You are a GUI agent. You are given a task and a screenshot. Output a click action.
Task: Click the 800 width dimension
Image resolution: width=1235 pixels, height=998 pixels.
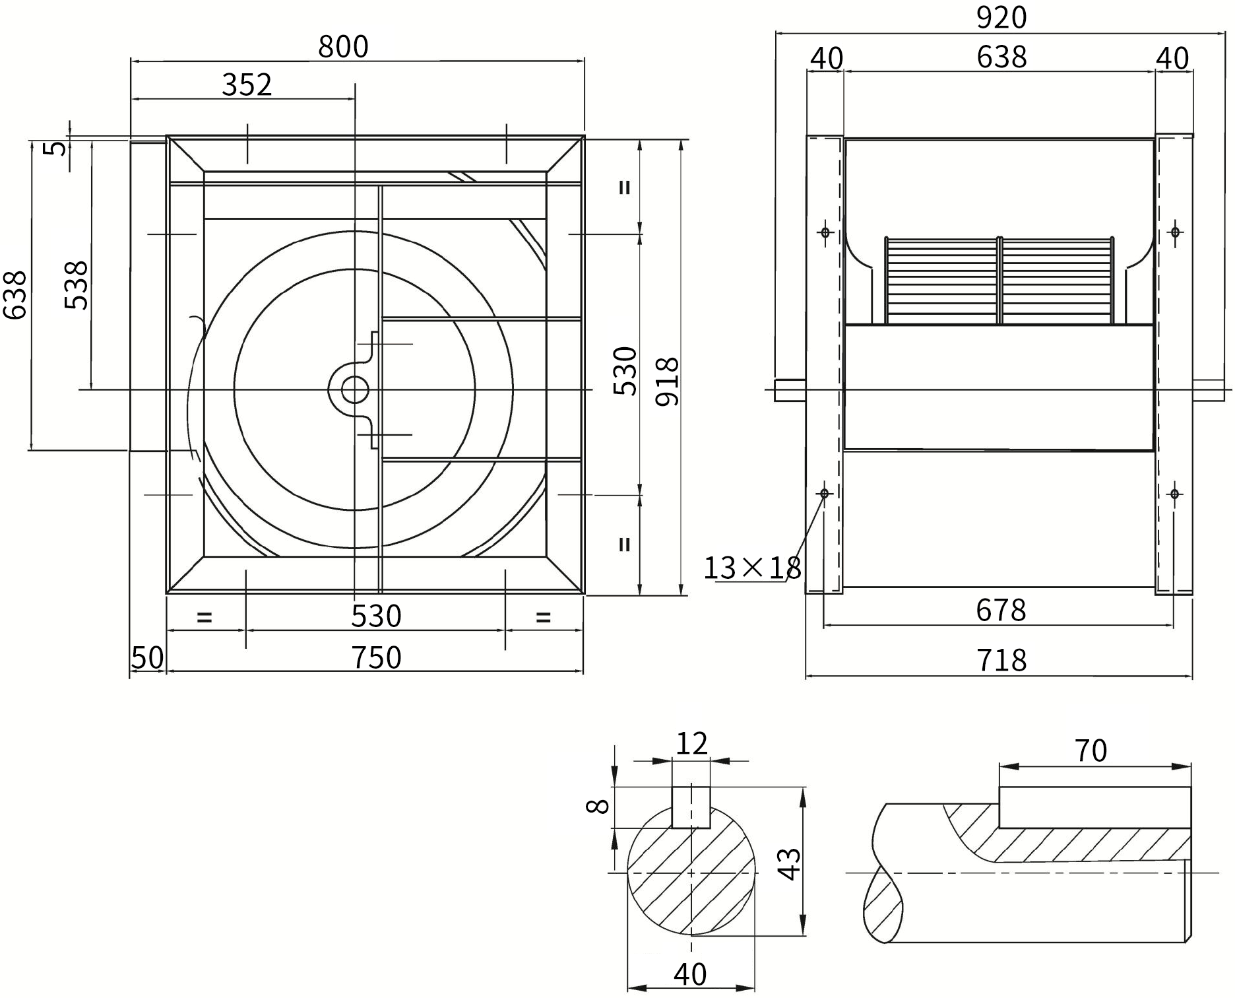click(x=343, y=47)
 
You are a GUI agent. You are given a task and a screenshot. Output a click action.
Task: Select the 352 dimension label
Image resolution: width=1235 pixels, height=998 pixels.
click(x=247, y=85)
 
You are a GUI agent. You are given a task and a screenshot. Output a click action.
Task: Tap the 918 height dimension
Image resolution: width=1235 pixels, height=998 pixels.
click(x=668, y=382)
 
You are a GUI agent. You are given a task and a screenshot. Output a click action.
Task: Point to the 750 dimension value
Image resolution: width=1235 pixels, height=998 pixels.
click(x=376, y=658)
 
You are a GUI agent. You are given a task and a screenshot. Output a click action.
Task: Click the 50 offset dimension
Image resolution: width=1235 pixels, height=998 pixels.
click(x=147, y=658)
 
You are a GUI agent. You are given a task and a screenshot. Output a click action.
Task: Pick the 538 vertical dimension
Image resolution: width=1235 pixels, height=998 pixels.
click(x=77, y=285)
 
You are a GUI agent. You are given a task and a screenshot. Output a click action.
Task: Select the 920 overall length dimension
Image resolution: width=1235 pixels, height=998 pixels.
click(x=1001, y=18)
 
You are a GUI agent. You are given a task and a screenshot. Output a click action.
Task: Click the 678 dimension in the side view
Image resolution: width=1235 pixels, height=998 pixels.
click(x=1001, y=610)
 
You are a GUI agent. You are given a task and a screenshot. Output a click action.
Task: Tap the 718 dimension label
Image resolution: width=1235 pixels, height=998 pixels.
click(x=1001, y=660)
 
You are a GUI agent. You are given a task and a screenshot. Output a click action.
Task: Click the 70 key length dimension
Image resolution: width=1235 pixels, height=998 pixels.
click(x=1091, y=750)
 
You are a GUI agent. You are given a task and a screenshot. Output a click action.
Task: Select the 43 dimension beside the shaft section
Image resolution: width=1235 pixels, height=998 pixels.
click(x=789, y=864)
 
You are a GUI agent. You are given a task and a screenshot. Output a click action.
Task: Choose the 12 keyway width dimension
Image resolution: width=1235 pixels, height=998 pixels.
click(x=691, y=744)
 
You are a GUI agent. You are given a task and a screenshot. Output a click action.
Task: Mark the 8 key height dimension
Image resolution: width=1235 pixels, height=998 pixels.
click(x=598, y=806)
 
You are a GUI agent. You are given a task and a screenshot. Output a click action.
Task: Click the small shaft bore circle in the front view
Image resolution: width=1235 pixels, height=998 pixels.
click(x=354, y=389)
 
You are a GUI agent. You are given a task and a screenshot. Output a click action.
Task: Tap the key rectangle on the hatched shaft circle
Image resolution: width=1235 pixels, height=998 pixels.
click(x=691, y=807)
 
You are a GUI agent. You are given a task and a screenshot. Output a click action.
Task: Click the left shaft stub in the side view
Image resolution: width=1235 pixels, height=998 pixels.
click(x=790, y=390)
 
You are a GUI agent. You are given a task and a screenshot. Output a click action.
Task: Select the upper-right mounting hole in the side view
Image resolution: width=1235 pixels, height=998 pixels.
click(x=1175, y=232)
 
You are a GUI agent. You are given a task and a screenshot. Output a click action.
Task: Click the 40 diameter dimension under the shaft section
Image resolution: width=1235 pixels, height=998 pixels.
click(x=691, y=974)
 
